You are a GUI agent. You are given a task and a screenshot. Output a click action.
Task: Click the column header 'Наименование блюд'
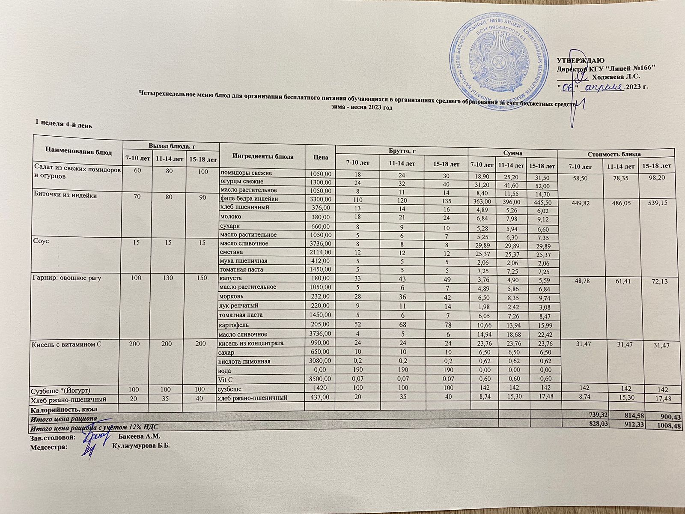coord(78,152)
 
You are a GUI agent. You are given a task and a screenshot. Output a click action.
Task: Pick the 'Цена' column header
coord(321,157)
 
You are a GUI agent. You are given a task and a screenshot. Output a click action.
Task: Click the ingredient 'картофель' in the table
coord(234,324)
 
